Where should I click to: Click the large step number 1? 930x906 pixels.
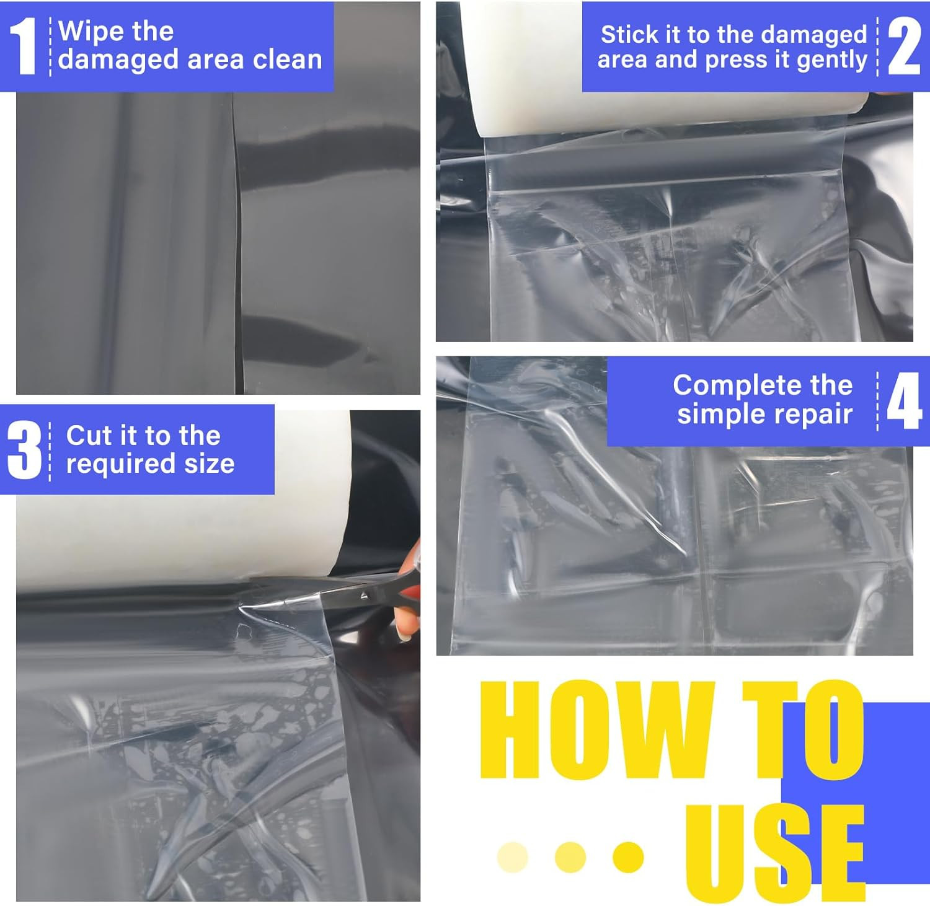click(x=24, y=46)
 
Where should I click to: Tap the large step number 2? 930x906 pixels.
click(x=904, y=46)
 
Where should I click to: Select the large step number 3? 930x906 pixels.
click(x=25, y=450)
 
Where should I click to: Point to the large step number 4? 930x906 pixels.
click(x=905, y=401)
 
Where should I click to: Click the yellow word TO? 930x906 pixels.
click(x=804, y=729)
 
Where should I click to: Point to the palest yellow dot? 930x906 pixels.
click(x=513, y=857)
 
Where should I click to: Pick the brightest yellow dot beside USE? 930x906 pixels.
click(x=628, y=857)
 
